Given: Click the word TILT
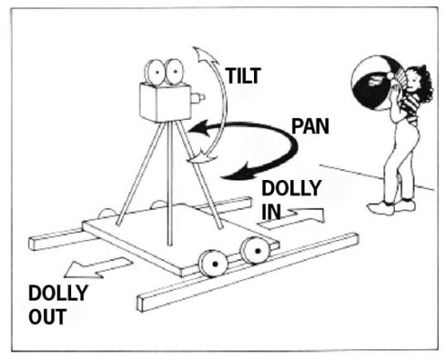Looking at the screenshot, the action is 243,76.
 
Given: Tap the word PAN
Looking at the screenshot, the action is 311,126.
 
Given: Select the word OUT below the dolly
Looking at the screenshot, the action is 47,317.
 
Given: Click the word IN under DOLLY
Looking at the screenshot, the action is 271,211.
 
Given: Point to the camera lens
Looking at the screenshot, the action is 198,97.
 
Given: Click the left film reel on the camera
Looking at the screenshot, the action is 155,72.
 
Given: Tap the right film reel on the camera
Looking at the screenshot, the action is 174,72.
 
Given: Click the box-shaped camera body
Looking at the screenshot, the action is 165,103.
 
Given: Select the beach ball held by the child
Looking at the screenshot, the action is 375,83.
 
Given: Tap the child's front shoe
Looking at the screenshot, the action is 381,208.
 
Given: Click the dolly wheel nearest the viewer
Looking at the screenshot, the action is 213,263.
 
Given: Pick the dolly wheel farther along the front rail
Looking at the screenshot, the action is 256,250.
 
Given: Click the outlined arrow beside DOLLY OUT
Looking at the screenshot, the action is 98,267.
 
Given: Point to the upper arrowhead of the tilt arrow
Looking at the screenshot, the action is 205,55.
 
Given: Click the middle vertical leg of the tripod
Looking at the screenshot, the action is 170,183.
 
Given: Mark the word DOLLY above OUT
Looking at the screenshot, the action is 58,292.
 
